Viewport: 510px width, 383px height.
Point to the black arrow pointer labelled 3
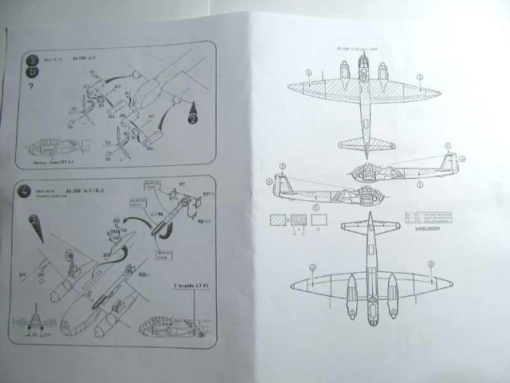click(x=33, y=222)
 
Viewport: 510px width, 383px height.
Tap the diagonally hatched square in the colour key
click(x=279, y=220)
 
